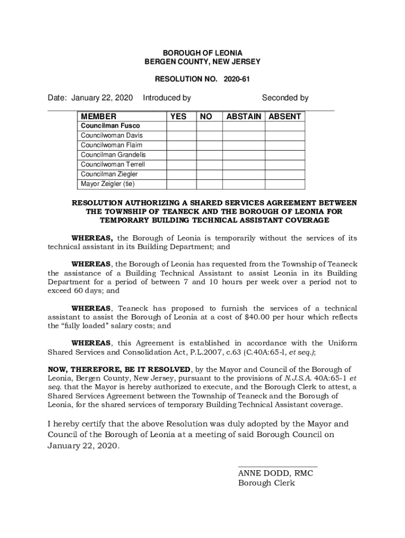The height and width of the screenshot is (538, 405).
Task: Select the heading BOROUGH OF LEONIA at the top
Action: [x=202, y=53]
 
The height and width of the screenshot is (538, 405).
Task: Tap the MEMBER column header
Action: [x=99, y=117]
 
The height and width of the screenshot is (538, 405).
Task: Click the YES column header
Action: [x=178, y=117]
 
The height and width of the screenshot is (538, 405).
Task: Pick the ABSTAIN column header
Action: [x=244, y=117]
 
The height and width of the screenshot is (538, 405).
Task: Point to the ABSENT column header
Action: [x=285, y=117]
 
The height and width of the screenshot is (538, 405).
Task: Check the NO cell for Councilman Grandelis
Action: [x=209, y=155]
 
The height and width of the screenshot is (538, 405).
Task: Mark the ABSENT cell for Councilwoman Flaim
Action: [x=285, y=145]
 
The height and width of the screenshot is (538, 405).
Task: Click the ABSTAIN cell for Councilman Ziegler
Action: [x=244, y=174]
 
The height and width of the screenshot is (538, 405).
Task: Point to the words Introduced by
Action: [x=167, y=98]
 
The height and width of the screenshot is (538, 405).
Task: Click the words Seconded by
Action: [x=285, y=98]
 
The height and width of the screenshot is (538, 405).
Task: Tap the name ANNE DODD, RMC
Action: [x=276, y=473]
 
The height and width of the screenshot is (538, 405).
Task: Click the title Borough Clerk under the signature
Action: [x=267, y=483]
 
